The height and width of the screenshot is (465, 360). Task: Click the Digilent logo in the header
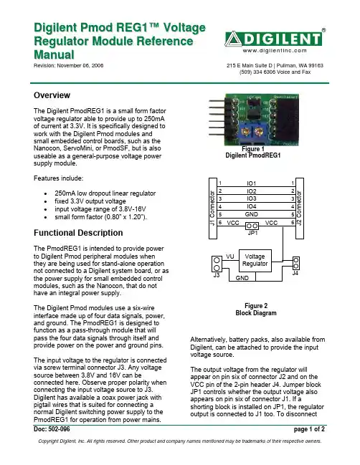pyautogui.click(x=273, y=39)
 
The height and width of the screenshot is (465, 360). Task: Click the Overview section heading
pyautogui.click(x=52, y=95)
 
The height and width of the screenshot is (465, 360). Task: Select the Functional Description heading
pyautogui.click(x=78, y=233)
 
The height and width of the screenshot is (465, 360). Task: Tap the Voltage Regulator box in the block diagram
pyautogui.click(x=255, y=261)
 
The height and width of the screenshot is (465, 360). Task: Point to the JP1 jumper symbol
pyautogui.click(x=252, y=226)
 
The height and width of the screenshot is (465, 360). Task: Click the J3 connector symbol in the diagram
pyautogui.click(x=217, y=264)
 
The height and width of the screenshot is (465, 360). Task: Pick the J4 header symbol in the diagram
pyautogui.click(x=296, y=264)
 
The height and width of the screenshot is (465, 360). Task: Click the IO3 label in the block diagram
pyautogui.click(x=252, y=198)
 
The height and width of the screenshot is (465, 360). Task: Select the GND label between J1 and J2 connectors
pyautogui.click(x=252, y=214)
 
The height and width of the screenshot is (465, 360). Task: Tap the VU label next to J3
pyautogui.click(x=230, y=257)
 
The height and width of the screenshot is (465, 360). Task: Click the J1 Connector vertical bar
pyautogui.click(x=213, y=208)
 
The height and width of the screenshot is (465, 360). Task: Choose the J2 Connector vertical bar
pyautogui.click(x=300, y=208)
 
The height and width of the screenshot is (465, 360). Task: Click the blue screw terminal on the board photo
pyautogui.click(x=252, y=131)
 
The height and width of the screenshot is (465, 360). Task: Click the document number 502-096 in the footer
pyautogui.click(x=52, y=429)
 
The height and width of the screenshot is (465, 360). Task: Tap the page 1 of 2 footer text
pyautogui.click(x=309, y=429)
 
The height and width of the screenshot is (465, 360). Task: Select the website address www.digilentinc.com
pyautogui.click(x=275, y=51)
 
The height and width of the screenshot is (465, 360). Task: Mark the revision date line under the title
pyautogui.click(x=69, y=65)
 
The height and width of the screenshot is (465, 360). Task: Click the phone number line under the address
pyautogui.click(x=275, y=72)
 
